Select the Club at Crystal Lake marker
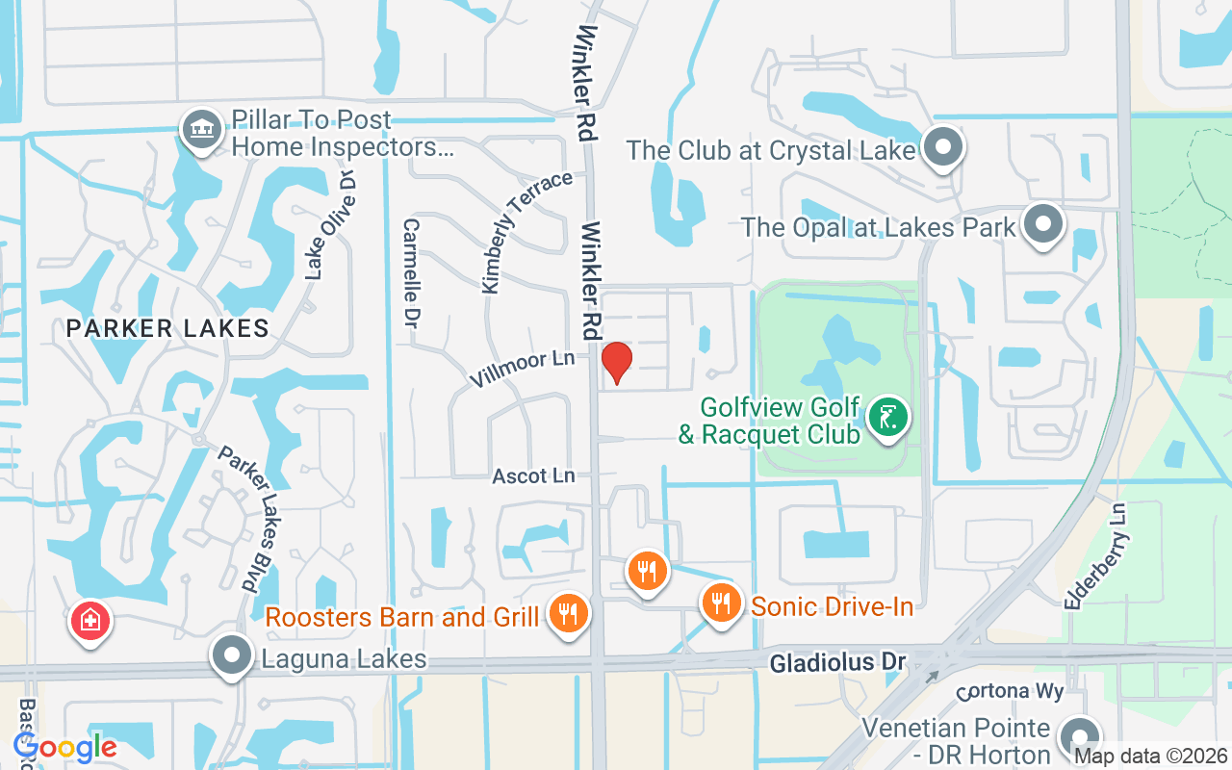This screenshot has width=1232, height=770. click(x=943, y=148)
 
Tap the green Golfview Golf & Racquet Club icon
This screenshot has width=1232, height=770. click(x=887, y=419)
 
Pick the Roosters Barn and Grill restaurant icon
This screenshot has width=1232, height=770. click(x=569, y=613)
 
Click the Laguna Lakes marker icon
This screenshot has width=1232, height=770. click(x=231, y=656)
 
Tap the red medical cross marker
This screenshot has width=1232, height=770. click(x=90, y=621)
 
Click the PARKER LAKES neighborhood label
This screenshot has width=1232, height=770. click(x=168, y=328)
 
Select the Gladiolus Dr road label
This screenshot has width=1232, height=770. click(x=836, y=662)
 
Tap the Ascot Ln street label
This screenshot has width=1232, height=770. click(x=533, y=476)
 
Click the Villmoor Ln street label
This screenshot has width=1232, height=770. click(x=522, y=368)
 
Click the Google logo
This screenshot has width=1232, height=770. click(x=64, y=746)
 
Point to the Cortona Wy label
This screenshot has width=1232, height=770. click(x=1011, y=693)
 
